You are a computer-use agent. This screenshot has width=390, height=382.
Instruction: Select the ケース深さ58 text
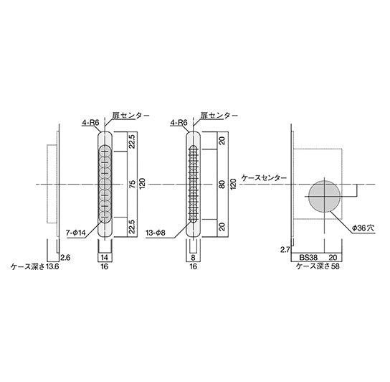[x=320, y=265]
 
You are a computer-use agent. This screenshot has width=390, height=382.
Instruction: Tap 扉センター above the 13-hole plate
[x=214, y=116]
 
